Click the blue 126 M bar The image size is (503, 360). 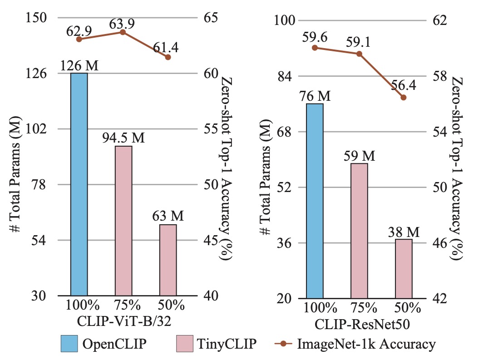tap(79, 184)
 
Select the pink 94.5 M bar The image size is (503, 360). tap(123, 221)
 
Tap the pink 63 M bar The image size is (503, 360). tap(168, 260)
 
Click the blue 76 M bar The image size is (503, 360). tap(315, 201)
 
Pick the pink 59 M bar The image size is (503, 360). tap(359, 231)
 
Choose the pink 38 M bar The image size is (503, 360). tap(404, 268)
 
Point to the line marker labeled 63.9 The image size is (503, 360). tap(123, 32)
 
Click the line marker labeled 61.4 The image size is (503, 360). tap(168, 57)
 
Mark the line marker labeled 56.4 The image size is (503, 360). tap(403, 97)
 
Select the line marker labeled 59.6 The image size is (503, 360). tap(315, 48)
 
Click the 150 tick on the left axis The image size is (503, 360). tap(35, 18)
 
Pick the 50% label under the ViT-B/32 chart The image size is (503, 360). tap(168, 306)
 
